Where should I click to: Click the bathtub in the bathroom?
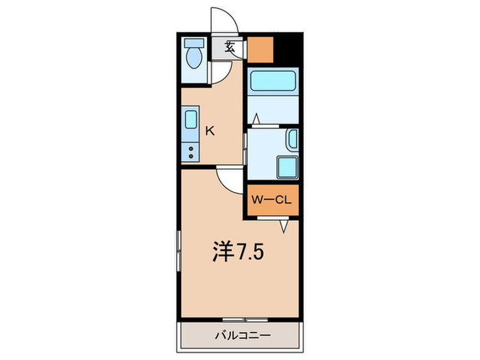(272, 82)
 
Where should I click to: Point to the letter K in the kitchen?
(211, 131)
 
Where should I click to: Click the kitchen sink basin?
(191, 120)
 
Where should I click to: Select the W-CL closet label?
(272, 200)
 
